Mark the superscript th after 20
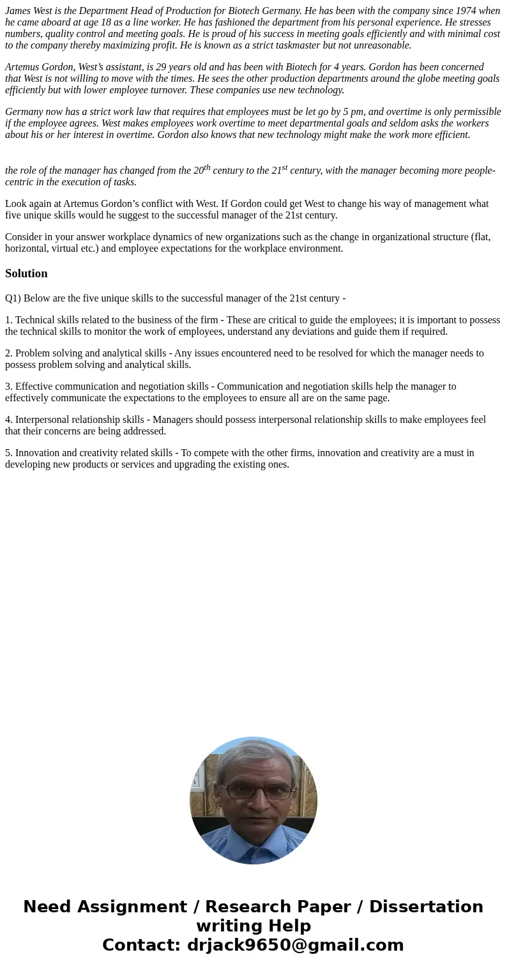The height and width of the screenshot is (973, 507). tap(207, 167)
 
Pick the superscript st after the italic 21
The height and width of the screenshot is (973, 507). tap(285, 167)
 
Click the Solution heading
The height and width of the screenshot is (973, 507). tap(26, 273)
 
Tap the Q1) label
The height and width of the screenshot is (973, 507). tap(13, 298)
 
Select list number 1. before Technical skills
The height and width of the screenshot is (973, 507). tap(9, 320)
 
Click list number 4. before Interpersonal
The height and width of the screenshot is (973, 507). tap(9, 420)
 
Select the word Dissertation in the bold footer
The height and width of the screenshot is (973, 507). tap(426, 907)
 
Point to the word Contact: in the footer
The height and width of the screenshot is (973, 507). tap(141, 946)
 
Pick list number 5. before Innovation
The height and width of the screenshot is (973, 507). tap(9, 453)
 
